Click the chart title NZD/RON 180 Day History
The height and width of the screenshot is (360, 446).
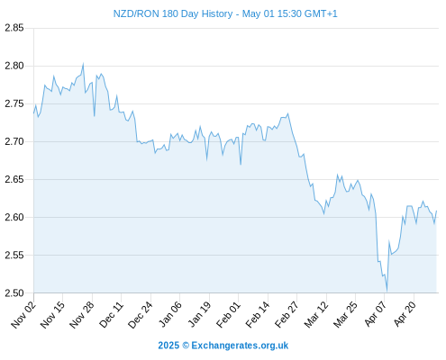173,13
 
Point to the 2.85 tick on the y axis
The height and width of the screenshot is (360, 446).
14,28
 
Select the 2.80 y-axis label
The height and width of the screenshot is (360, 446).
14,66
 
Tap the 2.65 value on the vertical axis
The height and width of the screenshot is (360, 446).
14,179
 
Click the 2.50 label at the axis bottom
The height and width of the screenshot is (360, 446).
14,292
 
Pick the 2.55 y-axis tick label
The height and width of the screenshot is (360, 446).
14,255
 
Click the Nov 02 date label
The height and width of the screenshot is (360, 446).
23,314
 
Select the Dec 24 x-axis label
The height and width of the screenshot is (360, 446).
141,314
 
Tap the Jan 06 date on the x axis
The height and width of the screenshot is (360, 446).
170,314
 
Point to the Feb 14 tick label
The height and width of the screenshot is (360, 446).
258,314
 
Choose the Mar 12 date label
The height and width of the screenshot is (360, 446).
316,314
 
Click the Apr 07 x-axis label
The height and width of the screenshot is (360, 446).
375,314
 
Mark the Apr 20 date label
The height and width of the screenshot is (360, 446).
405,314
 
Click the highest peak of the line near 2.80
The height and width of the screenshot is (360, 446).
83,63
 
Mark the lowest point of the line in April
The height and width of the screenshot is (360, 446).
387,291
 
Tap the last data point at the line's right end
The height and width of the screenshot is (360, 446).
436,211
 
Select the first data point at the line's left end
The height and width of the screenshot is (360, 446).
34,113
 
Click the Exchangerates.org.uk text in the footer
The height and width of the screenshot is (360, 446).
240,346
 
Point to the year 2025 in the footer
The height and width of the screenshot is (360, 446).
168,346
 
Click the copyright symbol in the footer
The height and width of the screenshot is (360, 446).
186,346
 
